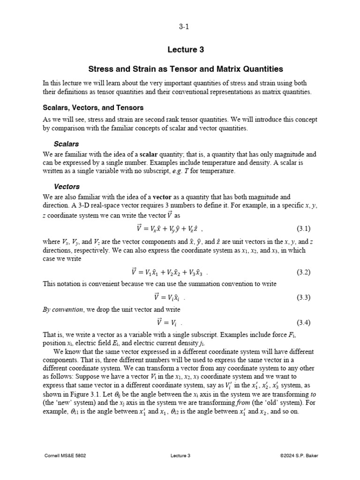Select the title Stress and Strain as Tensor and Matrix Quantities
pyautogui.click(x=180, y=69)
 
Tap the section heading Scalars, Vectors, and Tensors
pyautogui.click(x=93, y=108)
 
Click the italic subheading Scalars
pyautogui.click(x=66, y=143)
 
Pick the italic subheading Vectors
pyautogui.click(x=67, y=186)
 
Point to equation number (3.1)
pyautogui.click(x=304, y=229)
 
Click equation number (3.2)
pyautogui.click(x=304, y=272)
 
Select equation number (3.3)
pyautogui.click(x=304, y=297)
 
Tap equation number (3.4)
pyautogui.click(x=304, y=322)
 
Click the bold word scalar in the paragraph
pyautogui.click(x=149, y=154)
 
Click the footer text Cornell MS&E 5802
pyautogui.click(x=65, y=455)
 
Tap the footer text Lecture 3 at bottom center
pyautogui.click(x=180, y=455)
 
